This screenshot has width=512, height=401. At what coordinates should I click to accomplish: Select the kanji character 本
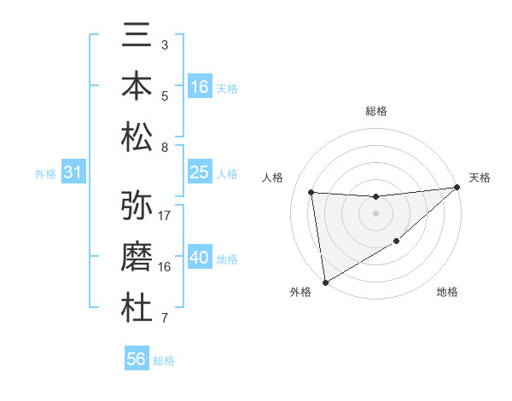[137, 87]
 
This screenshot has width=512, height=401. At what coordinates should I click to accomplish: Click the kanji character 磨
[137, 257]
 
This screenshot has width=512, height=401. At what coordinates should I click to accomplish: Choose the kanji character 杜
[137, 306]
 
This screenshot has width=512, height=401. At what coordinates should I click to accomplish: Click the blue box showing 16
[199, 87]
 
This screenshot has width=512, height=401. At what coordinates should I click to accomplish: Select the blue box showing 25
[199, 173]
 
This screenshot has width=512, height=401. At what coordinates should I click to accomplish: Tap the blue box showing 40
[199, 259]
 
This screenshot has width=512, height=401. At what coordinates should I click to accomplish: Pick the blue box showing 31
[73, 173]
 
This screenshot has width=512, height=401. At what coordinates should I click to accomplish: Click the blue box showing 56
[137, 359]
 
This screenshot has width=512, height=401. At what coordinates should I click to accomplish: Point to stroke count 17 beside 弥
[165, 215]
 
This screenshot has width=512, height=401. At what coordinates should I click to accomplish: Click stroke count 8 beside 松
[165, 148]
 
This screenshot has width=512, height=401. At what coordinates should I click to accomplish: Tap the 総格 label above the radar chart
[376, 111]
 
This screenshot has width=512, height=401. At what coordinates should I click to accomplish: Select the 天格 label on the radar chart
[480, 177]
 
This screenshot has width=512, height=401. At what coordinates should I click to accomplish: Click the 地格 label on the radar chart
[447, 293]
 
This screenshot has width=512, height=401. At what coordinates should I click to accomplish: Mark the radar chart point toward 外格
[325, 282]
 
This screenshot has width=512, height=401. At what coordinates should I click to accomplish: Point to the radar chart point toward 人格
[311, 192]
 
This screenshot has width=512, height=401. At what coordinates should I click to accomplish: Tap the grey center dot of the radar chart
[375, 213]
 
